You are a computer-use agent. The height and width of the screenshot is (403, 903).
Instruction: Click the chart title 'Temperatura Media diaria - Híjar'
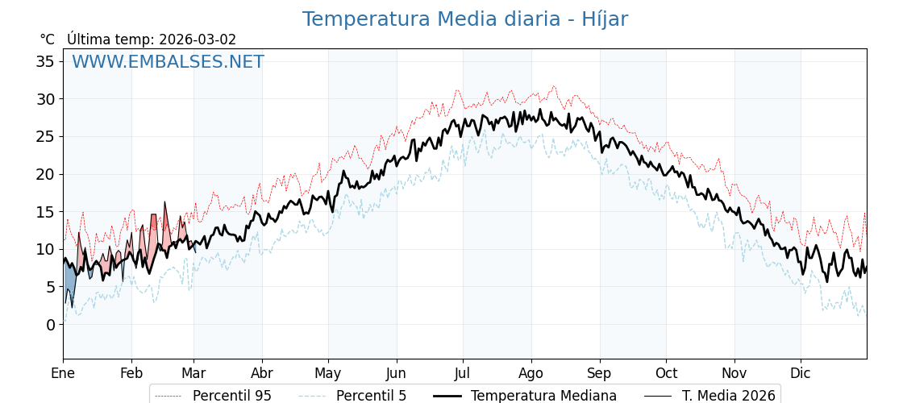464,19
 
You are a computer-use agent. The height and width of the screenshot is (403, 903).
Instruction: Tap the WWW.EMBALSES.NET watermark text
168,62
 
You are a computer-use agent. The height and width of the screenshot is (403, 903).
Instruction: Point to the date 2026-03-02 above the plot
198,39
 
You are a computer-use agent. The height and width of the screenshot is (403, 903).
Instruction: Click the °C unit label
47,39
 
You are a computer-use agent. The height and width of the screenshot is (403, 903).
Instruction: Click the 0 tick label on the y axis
50,325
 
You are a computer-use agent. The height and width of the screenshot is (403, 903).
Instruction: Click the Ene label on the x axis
63,374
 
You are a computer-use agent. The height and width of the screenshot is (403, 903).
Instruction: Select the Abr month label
262,374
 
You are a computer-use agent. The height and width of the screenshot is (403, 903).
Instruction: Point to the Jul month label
463,374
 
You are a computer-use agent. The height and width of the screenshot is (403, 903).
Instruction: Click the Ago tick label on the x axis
531,374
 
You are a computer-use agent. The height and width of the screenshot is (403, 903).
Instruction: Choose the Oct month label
666,374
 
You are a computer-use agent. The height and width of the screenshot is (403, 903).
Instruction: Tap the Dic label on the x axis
801,374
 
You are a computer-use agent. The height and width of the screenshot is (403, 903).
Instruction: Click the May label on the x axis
328,374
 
